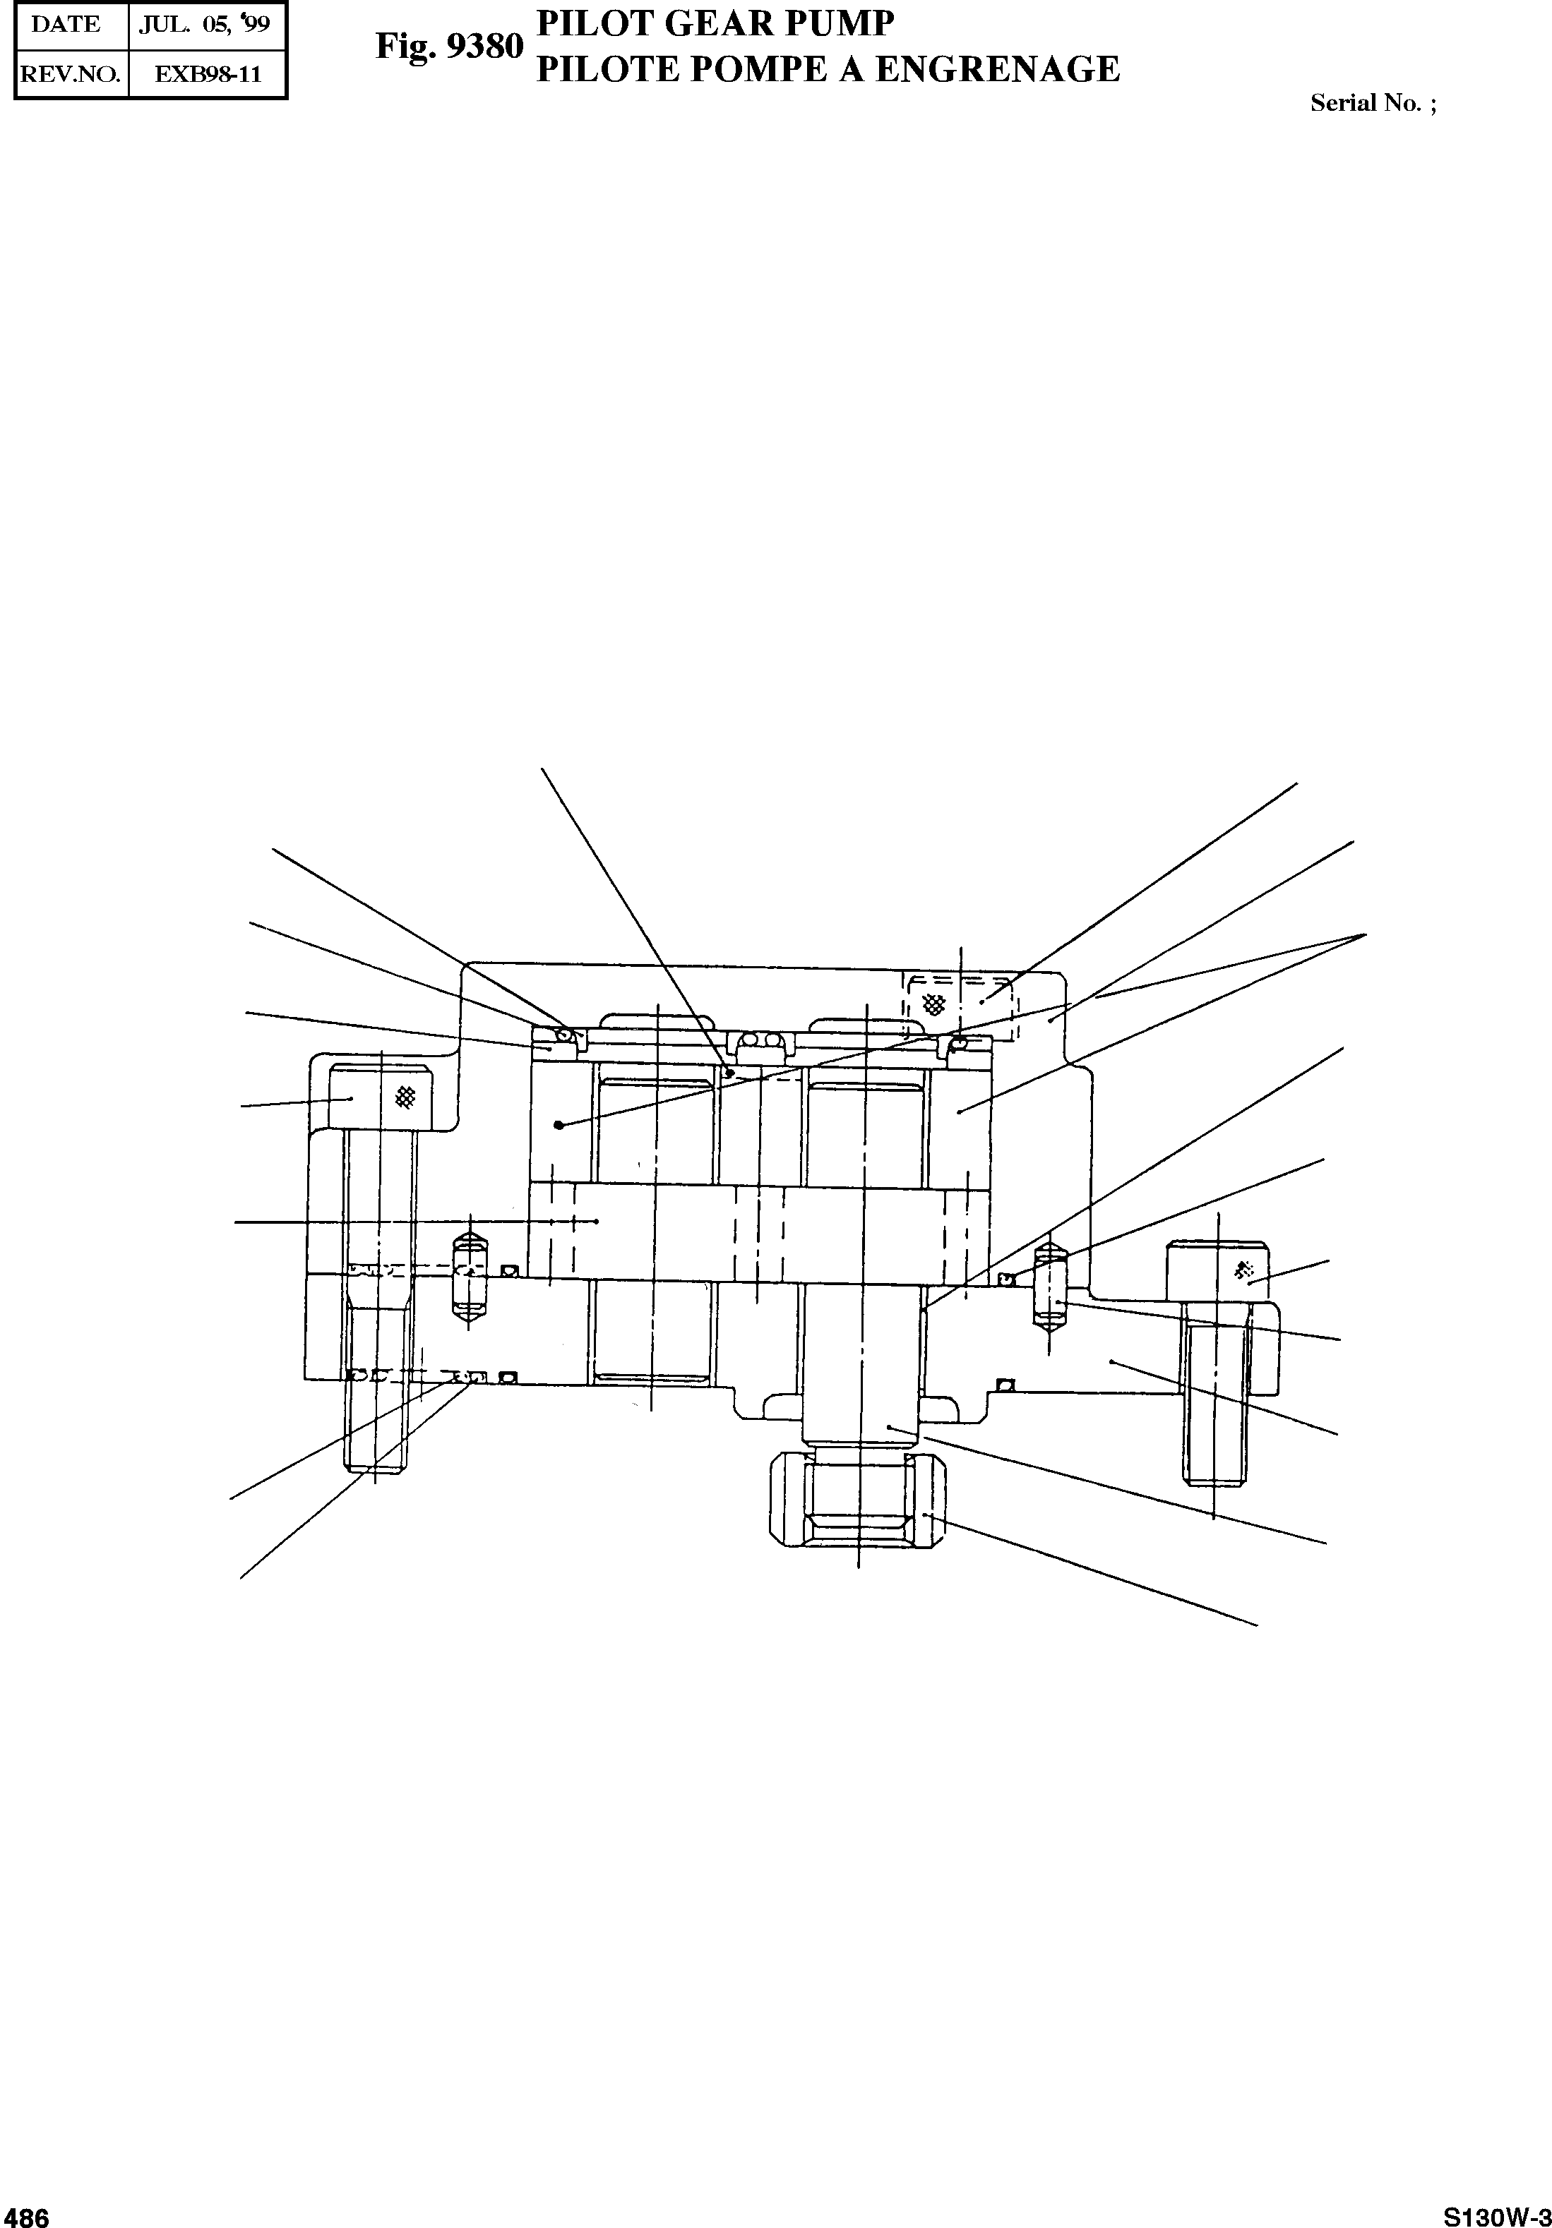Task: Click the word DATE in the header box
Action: coord(65,25)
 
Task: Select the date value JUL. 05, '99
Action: coord(204,25)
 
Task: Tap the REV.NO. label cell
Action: coord(71,73)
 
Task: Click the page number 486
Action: coord(25,2215)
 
